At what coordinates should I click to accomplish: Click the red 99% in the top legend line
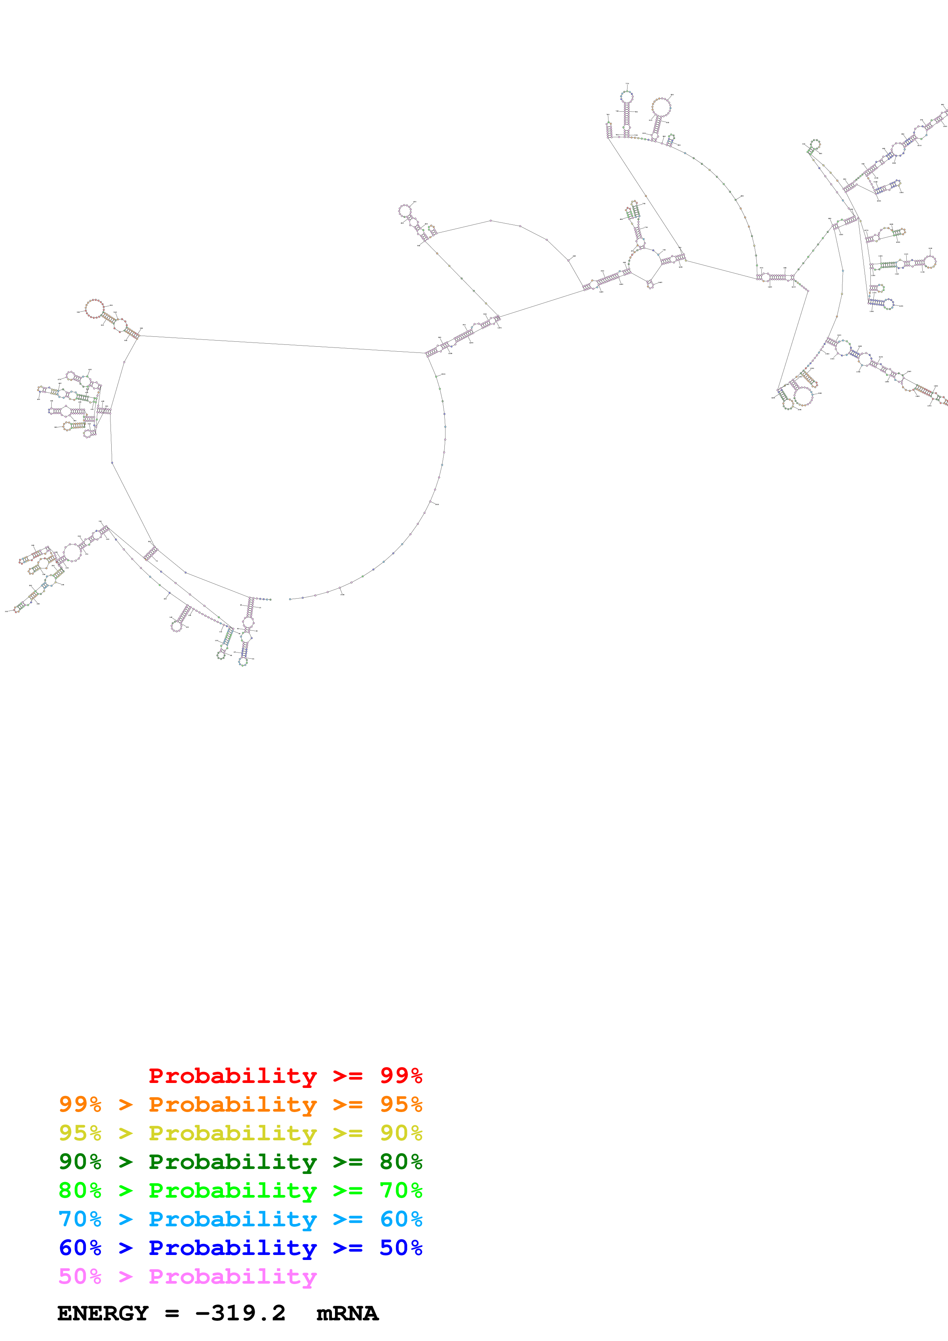point(401,1076)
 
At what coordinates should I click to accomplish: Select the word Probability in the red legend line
point(233,1076)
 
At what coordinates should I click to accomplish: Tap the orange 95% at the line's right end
point(401,1104)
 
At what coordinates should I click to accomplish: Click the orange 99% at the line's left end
point(80,1104)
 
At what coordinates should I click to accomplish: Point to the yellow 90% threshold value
point(401,1133)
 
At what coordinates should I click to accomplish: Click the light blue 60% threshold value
point(401,1219)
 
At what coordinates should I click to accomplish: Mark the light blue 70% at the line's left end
point(80,1219)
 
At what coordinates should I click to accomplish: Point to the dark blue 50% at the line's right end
point(401,1248)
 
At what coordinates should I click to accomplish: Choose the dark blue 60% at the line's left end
point(80,1248)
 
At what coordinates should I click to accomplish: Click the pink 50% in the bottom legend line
point(80,1276)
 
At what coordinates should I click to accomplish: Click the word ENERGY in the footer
point(103,1313)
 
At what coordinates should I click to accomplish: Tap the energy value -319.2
point(240,1313)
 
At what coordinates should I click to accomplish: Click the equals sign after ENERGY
point(172,1313)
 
